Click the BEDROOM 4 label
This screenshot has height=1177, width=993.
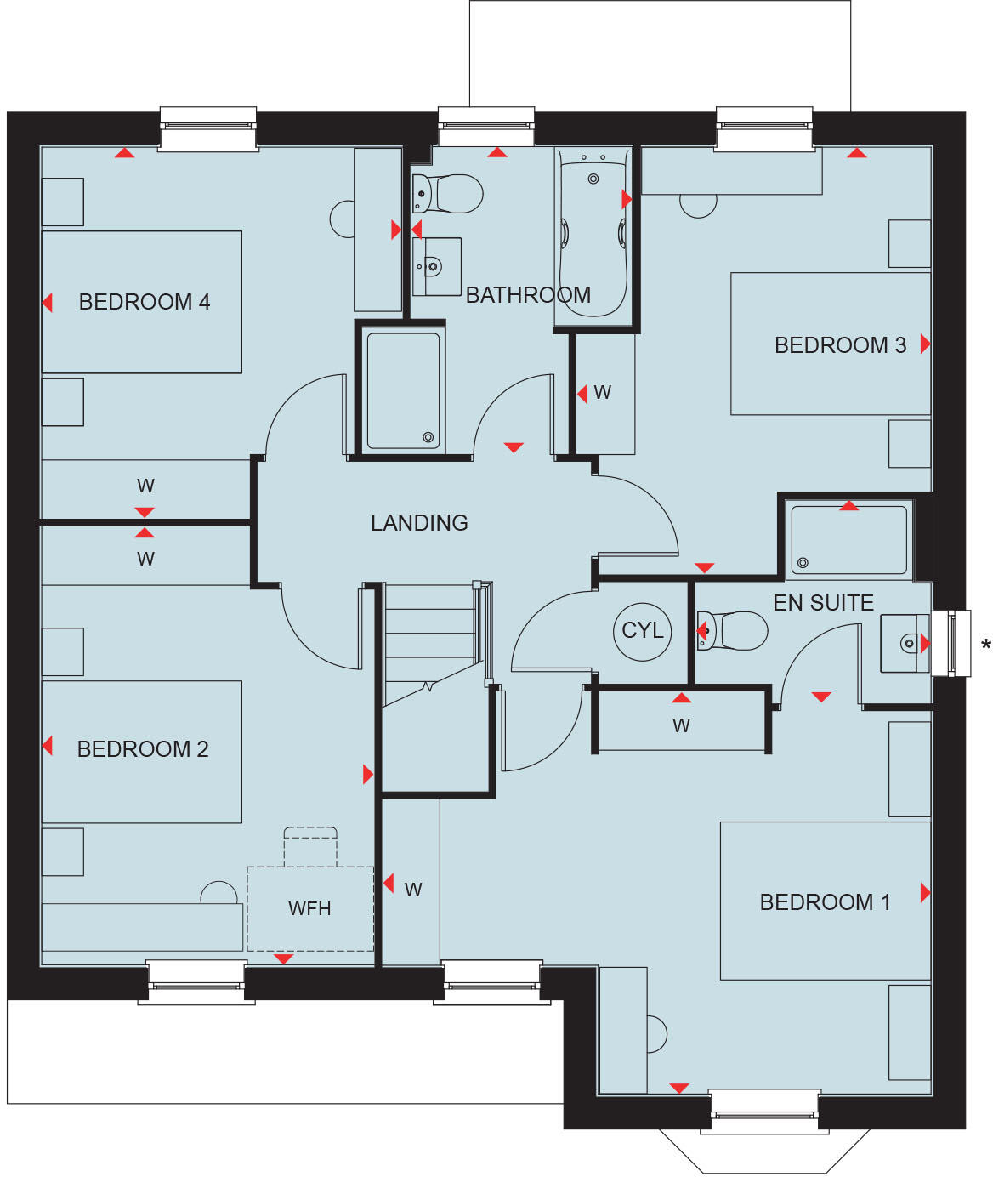[144, 302]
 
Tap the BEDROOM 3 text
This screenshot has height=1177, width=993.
[839, 345]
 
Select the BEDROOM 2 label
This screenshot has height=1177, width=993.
[142, 749]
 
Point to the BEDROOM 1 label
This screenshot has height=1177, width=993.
[825, 902]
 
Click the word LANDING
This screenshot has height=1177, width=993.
[419, 523]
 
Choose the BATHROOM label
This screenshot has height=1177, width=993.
[527, 295]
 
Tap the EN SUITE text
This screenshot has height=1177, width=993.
[823, 603]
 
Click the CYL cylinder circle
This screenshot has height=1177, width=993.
[642, 631]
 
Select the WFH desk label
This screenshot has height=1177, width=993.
[309, 908]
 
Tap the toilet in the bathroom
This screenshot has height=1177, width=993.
[449, 194]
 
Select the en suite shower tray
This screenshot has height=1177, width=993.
[848, 540]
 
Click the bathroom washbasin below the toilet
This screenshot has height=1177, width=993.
[436, 267]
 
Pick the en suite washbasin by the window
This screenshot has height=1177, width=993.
[904, 643]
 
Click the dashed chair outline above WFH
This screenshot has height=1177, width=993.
[310, 845]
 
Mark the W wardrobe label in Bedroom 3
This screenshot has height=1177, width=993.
[602, 393]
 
